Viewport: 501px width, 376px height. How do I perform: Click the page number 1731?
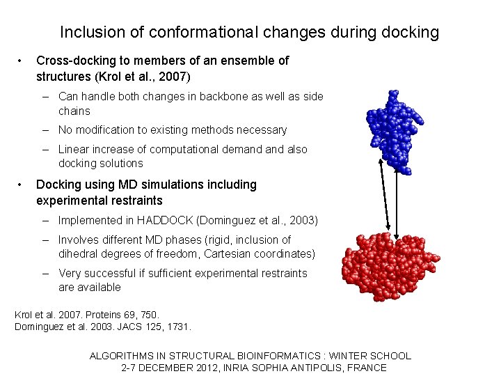(177, 327)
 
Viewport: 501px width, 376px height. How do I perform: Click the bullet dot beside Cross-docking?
(22, 61)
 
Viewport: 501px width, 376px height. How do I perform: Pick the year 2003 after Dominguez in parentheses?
(303, 221)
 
